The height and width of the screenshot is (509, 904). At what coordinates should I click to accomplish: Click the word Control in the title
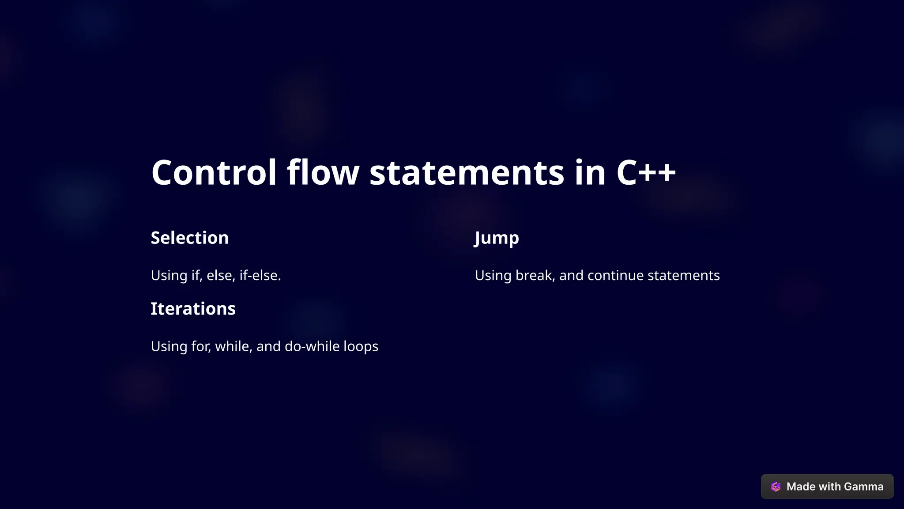point(214,172)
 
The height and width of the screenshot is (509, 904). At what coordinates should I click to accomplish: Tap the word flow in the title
point(323,172)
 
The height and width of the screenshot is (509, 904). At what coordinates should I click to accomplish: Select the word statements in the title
point(467,172)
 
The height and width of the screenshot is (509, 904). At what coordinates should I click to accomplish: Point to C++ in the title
point(646,172)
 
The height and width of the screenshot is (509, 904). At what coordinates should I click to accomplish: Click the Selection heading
point(190,238)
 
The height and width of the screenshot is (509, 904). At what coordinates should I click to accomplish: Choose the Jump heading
point(497,238)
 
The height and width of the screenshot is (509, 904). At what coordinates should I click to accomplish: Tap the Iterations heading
point(193,308)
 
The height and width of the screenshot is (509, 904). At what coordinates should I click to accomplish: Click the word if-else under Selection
point(260,275)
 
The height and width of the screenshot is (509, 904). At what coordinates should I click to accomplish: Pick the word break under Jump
point(535,275)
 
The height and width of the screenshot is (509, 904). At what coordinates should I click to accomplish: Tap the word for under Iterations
point(201,346)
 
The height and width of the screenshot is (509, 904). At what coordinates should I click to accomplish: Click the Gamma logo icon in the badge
point(776,486)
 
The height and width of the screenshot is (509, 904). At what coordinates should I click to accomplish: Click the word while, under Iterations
point(234,346)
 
